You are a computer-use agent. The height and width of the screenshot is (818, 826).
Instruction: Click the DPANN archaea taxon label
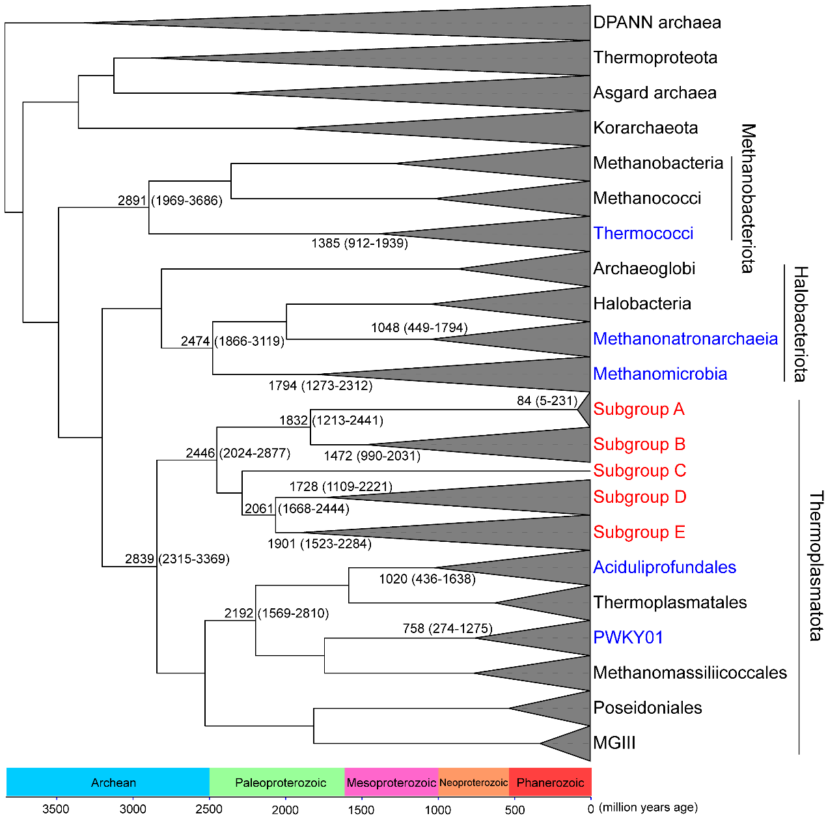657,23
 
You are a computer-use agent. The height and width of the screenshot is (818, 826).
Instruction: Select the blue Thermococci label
643,234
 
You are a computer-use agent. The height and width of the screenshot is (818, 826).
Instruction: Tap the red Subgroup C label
639,471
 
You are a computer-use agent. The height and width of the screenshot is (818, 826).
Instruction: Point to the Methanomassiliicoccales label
690,673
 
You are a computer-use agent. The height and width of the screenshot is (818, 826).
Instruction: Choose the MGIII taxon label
614,743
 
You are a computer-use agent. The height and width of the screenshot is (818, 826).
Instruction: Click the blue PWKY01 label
627,638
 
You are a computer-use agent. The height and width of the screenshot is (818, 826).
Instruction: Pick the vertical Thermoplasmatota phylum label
816,566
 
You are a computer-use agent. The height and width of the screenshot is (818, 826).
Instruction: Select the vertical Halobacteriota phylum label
800,324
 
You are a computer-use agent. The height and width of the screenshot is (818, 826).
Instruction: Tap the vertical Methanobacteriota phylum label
748,199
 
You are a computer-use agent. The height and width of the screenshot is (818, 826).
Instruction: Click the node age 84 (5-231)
547,401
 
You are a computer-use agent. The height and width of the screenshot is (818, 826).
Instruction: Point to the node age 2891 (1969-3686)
170,201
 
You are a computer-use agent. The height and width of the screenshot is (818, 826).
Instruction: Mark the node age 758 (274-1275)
447,628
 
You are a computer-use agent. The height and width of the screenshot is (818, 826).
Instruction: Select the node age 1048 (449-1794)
419,328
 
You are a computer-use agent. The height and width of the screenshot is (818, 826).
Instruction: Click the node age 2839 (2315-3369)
177,559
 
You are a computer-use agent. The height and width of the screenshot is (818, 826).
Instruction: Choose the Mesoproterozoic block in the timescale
391,783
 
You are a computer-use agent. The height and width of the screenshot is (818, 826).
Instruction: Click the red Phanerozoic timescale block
550,783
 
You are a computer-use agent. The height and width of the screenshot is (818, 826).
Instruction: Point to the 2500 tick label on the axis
210,810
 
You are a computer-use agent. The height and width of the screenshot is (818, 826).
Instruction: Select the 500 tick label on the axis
514,810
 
